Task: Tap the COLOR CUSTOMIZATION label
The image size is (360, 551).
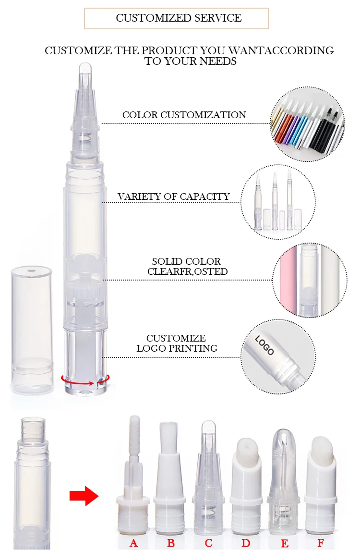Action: pyautogui.click(x=184, y=115)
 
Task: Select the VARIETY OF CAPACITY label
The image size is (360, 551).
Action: pyautogui.click(x=174, y=196)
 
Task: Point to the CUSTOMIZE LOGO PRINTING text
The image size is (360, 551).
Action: pyautogui.click(x=176, y=343)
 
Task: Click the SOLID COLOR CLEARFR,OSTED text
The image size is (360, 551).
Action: pyautogui.click(x=187, y=267)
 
